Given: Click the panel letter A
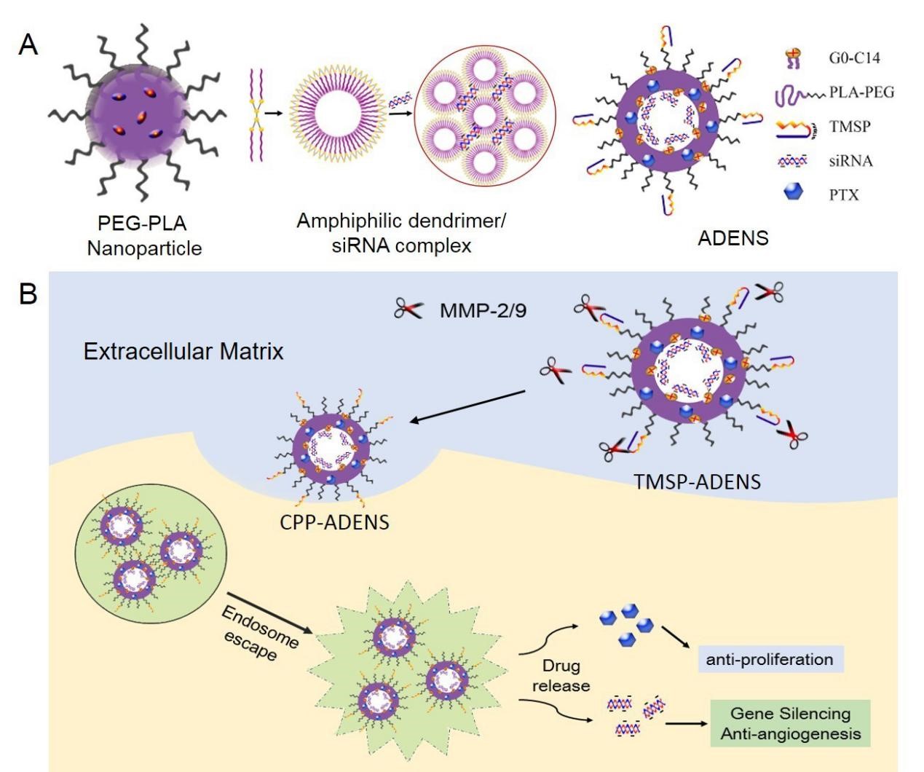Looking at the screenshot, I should click(x=28, y=45).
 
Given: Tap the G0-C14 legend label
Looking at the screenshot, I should click(x=853, y=58).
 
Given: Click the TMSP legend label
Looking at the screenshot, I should click(x=850, y=127).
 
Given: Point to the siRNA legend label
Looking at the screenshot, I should click(x=850, y=161).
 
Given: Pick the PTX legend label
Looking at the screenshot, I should click(x=844, y=195).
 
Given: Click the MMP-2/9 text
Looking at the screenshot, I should click(x=483, y=311).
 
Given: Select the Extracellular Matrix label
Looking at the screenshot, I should click(x=183, y=352).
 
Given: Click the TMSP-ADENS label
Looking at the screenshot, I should click(x=697, y=481).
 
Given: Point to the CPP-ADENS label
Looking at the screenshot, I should click(x=334, y=521).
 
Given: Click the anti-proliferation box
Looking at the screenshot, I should click(x=770, y=660).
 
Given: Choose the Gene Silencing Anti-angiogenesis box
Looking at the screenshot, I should click(x=790, y=723).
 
